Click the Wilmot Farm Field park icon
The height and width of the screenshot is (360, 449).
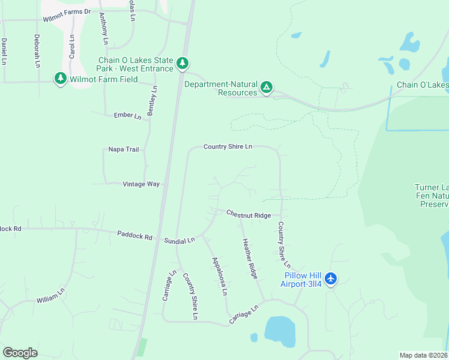point(60,79)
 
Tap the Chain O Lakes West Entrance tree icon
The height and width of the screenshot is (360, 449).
point(182,63)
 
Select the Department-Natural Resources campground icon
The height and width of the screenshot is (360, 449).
point(267,88)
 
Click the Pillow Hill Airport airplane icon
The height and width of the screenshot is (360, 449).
point(331,279)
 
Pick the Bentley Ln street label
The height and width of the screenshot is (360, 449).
point(152,100)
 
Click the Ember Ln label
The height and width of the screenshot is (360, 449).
point(127,115)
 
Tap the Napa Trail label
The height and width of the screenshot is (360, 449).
point(123,149)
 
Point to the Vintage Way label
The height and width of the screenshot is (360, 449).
point(141,184)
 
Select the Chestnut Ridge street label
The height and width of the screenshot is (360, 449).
point(249,215)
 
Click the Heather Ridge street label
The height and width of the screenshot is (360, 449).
point(250,259)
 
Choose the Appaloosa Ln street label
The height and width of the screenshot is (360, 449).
point(219,276)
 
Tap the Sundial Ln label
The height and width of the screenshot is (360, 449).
point(179,240)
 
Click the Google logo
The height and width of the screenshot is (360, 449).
point(20,353)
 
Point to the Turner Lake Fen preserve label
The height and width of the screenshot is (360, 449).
point(431,196)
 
